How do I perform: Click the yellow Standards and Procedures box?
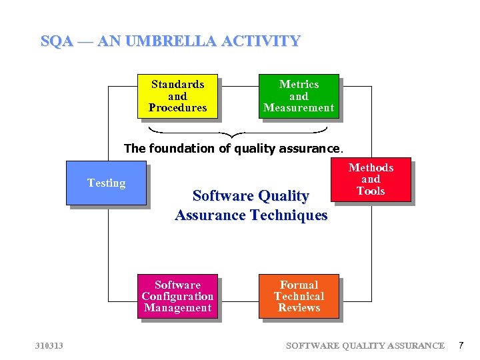coord(177,96)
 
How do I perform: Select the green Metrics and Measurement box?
coord(299,96)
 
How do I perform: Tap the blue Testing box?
coord(106,183)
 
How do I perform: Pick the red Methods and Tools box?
coord(371,179)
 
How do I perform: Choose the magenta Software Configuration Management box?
coord(177,296)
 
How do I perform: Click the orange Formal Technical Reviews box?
coord(299,296)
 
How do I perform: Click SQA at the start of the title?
coord(55,41)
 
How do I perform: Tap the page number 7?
coord(460,345)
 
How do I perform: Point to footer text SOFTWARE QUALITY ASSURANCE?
coord(365,345)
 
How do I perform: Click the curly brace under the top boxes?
coord(238,131)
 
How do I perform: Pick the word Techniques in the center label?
coord(288,215)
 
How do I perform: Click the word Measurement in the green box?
coord(299,108)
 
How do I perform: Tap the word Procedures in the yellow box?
coord(177,108)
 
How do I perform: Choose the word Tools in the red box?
coord(371,191)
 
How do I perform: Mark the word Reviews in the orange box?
coord(299,308)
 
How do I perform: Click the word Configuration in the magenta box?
coord(177,296)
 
